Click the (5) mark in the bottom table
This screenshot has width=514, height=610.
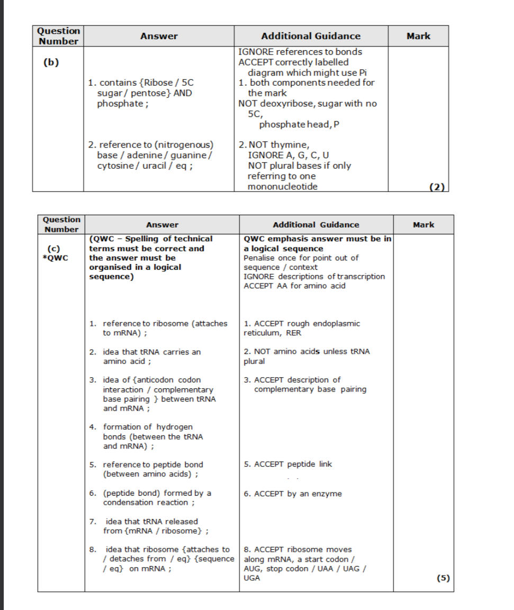[443, 578]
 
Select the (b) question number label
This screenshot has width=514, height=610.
[51, 62]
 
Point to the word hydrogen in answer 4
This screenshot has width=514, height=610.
[175, 426]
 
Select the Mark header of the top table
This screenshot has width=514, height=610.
[418, 36]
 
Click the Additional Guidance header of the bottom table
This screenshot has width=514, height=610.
[316, 224]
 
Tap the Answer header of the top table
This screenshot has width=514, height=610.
[159, 36]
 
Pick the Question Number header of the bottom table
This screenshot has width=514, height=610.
[61, 224]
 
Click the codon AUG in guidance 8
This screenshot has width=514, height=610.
[251, 569]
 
